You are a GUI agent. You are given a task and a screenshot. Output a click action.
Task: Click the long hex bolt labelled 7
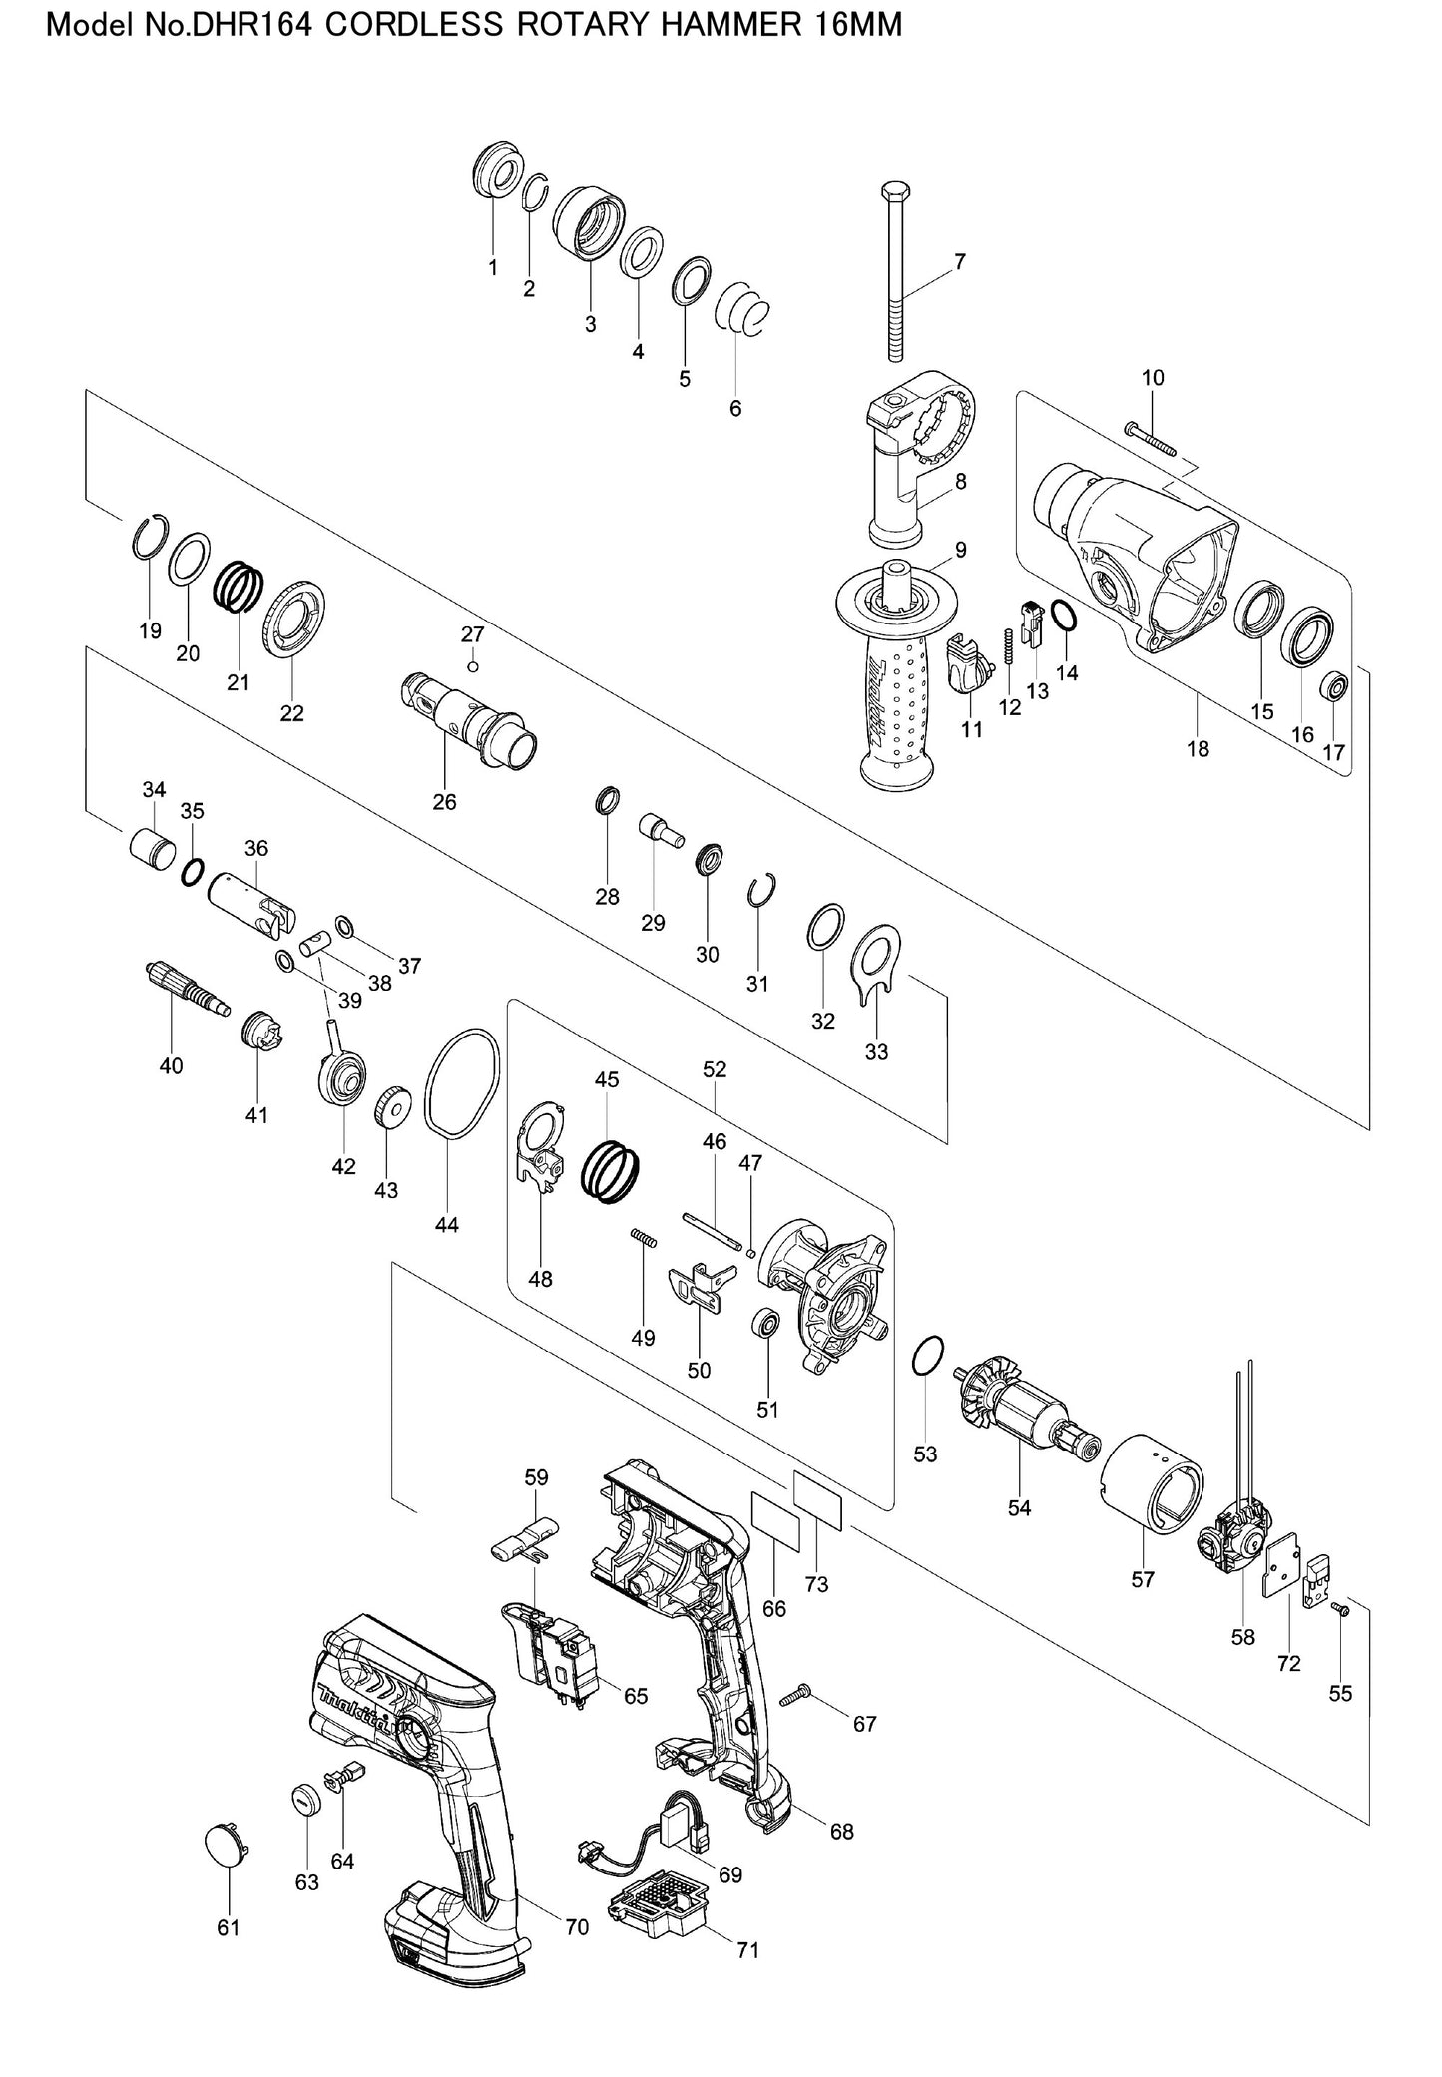click(895, 271)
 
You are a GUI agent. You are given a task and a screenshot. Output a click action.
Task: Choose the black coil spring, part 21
click(240, 587)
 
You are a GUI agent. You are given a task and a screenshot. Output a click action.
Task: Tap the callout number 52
click(715, 1069)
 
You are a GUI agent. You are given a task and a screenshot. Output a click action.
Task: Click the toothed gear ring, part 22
click(294, 617)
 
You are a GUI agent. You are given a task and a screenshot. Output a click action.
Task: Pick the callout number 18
click(1198, 748)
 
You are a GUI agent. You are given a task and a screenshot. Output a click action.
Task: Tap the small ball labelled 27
click(472, 666)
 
